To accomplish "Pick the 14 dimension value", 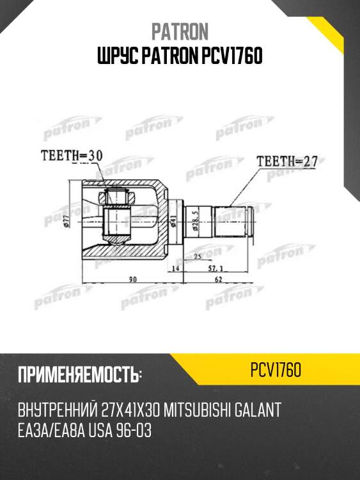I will (176, 269).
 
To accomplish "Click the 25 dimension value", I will (198, 256).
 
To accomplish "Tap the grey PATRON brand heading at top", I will (180, 31).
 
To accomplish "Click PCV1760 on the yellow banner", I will (276, 371).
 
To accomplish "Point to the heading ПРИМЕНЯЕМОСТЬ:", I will (79, 374).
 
